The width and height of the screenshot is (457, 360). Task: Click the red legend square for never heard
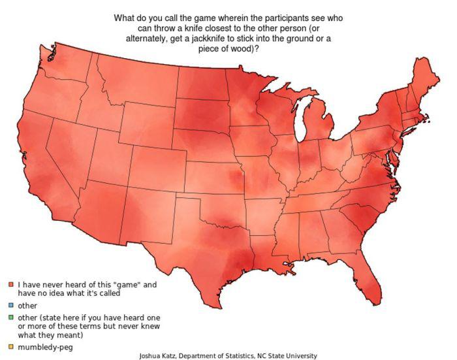pos(11,285)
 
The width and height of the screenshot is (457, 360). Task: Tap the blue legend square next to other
pos(11,305)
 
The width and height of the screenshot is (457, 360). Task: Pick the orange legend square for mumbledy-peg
pos(11,346)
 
